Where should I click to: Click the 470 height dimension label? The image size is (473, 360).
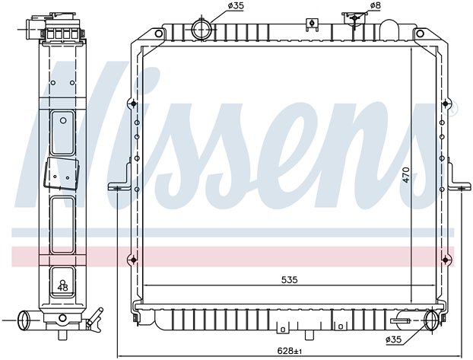406,174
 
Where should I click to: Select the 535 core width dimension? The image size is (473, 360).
289,280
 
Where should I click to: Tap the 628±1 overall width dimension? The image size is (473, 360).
289,351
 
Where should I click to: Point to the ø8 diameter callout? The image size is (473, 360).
375,5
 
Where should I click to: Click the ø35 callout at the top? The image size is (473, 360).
236,5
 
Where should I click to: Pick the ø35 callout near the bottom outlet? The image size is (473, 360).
394,339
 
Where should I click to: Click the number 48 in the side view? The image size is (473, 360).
62,288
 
